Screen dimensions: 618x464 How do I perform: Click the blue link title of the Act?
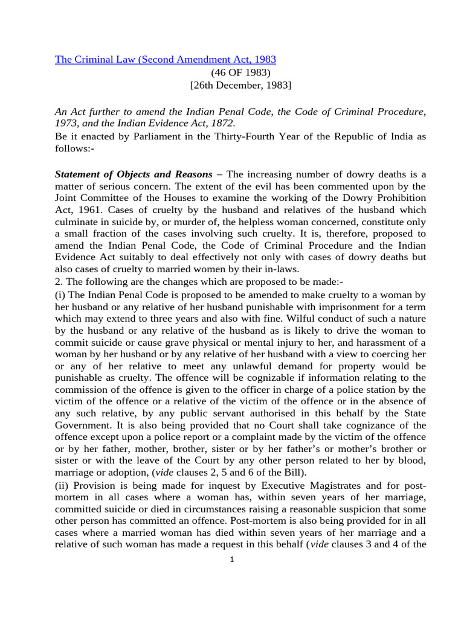coord(166,59)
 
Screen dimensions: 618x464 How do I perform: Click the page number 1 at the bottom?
coord(231,559)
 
